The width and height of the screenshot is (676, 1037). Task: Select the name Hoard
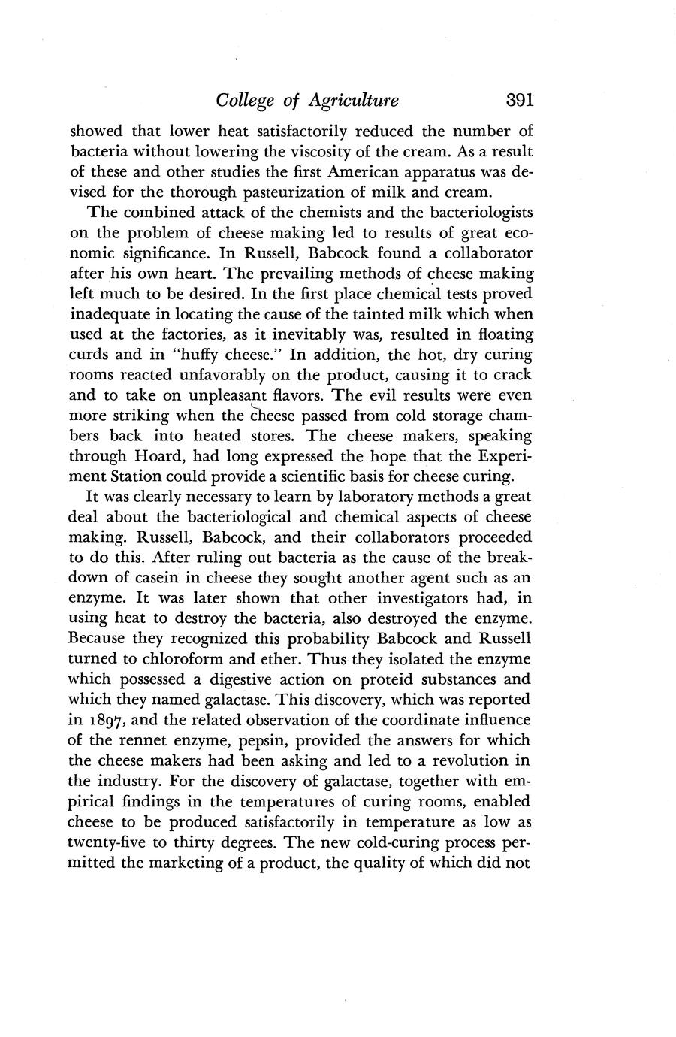162,456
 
